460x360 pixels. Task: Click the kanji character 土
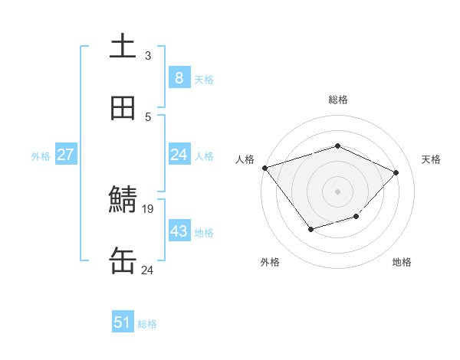point(123,46)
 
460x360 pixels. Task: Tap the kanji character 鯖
point(123,200)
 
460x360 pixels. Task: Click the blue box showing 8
point(179,77)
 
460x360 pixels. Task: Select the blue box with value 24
point(179,155)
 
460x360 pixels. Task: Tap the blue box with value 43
point(179,231)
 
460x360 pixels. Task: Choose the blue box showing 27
point(65,155)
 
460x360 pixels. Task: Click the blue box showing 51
point(123,322)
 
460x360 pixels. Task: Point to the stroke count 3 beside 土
point(148,56)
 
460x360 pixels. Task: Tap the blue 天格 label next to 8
point(204,79)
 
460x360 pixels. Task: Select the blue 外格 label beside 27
point(41,155)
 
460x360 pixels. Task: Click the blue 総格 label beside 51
point(147,324)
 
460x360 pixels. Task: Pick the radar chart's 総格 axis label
point(337,100)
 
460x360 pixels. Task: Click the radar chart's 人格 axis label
point(245,159)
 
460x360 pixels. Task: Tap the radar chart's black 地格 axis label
point(402,263)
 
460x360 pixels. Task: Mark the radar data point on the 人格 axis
point(264,168)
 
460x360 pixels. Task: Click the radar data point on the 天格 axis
point(396,172)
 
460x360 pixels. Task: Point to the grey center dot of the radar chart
point(337,191)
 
